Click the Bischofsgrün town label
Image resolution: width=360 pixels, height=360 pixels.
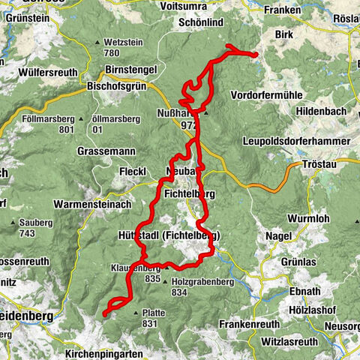point(123,85)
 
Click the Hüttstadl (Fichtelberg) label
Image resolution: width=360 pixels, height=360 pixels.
point(168,235)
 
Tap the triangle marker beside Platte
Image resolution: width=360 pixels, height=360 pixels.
point(136,313)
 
